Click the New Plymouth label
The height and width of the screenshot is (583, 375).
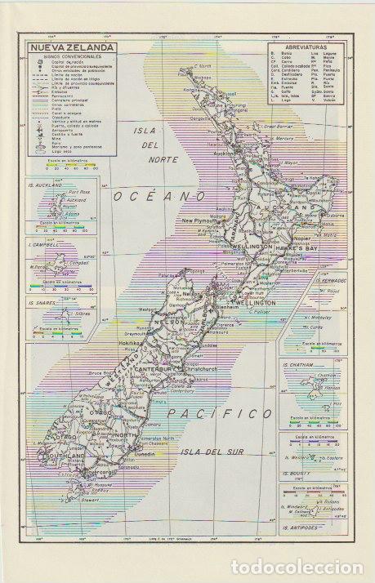point(199,220)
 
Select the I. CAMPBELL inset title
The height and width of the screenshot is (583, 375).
point(42,243)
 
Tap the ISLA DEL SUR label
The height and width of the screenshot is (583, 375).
point(213,452)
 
